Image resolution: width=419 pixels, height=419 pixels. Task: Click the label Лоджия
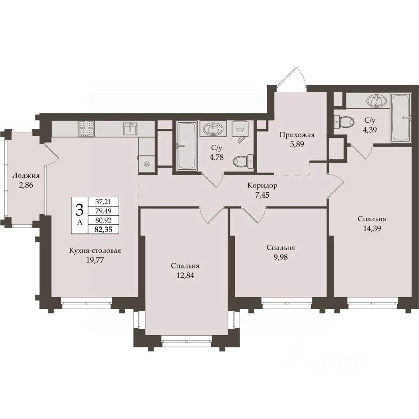26,176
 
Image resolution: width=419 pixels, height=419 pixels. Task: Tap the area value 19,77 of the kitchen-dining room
95,260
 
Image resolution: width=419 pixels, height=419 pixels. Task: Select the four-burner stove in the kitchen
86,128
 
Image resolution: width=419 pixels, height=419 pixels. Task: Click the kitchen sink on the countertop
130,128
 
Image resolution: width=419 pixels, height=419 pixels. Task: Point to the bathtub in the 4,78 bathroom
187,146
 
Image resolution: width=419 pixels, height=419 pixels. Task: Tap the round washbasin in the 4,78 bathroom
213,129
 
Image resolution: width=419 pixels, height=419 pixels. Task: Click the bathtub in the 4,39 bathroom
400,117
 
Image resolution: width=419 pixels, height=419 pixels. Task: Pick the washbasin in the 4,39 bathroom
377,101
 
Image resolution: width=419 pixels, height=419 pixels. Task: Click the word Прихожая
297,135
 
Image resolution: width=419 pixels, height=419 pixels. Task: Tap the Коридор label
262,185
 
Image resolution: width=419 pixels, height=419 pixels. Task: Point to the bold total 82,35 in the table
103,229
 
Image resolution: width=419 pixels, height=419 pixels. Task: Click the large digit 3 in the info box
79,210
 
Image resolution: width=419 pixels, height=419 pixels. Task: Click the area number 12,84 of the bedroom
185,275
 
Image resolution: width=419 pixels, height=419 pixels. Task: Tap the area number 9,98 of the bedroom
281,257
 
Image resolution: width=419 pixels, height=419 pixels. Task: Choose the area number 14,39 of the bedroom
372,228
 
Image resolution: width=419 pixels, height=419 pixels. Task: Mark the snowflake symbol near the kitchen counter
147,164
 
